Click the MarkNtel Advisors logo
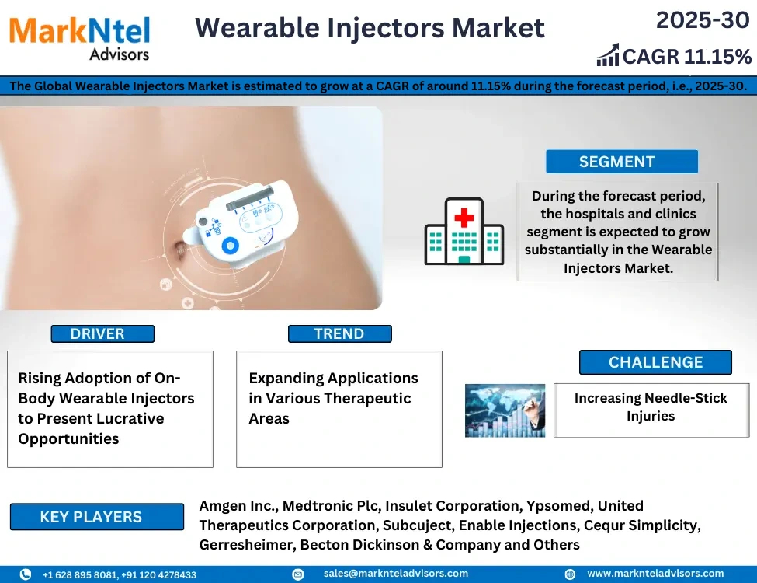coord(80,39)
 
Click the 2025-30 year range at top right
coord(703,20)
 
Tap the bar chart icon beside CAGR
coord(608,54)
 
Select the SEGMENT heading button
coord(622,162)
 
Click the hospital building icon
coord(464,231)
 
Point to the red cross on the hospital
coord(464,218)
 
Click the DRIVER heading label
coord(102,333)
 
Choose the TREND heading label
coord(339,333)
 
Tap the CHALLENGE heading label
coord(655,362)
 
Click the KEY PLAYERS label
coord(96,517)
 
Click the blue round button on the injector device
coord(231,246)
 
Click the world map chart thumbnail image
coord(505,410)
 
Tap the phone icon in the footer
coord(25,574)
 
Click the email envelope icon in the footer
coord(298,574)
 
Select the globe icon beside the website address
coord(570,574)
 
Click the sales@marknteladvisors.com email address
coord(396,574)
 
